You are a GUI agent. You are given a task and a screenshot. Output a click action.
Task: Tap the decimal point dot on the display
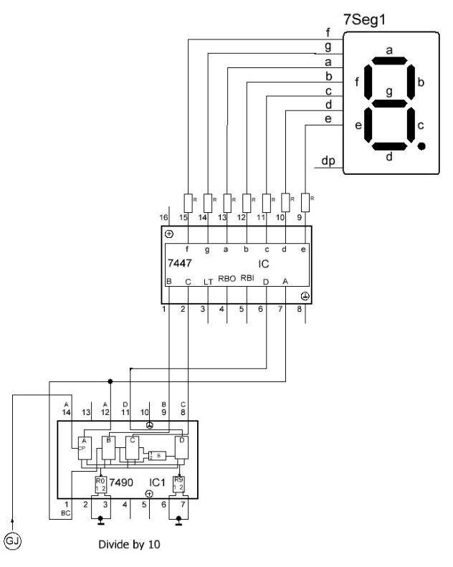click(421, 146)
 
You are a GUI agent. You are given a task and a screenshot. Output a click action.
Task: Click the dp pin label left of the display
click(328, 161)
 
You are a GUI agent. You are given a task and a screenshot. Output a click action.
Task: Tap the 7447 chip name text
click(178, 264)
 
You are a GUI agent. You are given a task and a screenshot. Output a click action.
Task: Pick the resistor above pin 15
click(188, 200)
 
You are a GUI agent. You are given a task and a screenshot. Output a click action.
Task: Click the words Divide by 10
click(129, 544)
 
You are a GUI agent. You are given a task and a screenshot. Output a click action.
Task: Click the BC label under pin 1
click(67, 514)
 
